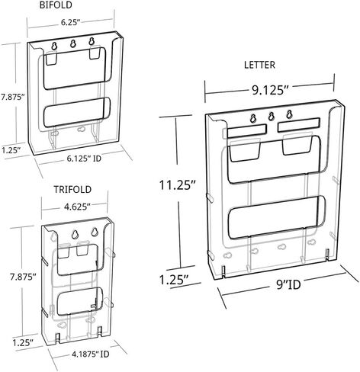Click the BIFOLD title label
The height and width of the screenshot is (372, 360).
56,5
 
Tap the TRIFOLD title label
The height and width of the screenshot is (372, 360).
72,190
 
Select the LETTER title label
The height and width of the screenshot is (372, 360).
259,65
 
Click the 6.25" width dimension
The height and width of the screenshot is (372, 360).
70,22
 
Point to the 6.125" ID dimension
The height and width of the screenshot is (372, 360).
84,159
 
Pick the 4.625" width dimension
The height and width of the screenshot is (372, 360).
78,207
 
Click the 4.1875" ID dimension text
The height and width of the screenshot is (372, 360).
91,354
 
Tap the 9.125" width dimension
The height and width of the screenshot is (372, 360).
270,90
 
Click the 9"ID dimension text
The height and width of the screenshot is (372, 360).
288,285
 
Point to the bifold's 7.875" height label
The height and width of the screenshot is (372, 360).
12,98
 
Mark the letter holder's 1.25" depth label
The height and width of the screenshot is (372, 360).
174,280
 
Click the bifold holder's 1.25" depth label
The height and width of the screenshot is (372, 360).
11,150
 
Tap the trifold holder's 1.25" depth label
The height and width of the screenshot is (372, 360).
23,343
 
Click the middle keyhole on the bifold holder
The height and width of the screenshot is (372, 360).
73,43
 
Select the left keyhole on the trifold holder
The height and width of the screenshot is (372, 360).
76,234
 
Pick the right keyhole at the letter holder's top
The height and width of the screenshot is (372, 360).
289,114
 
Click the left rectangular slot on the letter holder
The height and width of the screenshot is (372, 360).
246,131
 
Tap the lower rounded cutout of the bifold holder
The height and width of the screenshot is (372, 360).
77,112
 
